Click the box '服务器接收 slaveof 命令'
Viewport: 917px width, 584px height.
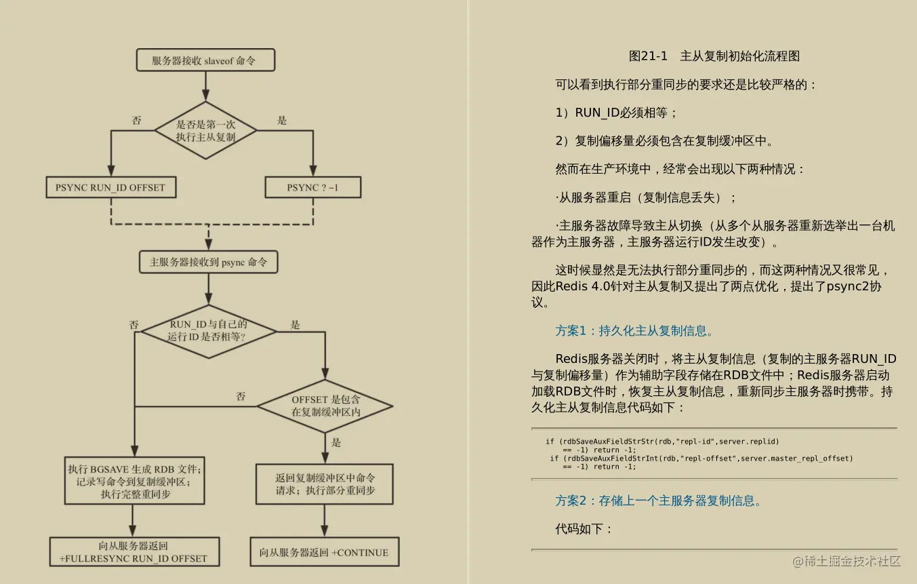click(205, 60)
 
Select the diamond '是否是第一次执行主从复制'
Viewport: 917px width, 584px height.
click(205, 130)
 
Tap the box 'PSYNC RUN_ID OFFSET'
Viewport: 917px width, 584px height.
click(110, 187)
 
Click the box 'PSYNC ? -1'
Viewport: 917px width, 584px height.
click(312, 187)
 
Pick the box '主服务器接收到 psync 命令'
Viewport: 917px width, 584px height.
click(208, 262)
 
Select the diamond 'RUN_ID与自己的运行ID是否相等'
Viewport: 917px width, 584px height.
click(208, 330)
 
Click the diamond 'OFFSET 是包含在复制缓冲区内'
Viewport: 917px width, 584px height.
click(325, 406)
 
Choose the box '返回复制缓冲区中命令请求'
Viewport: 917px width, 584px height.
click(325, 484)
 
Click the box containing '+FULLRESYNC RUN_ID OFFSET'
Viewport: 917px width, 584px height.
click(134, 552)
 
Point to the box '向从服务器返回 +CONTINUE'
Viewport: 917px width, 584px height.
click(324, 552)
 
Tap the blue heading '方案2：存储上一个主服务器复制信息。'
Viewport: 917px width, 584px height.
click(658, 501)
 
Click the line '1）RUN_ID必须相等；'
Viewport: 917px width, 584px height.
click(616, 113)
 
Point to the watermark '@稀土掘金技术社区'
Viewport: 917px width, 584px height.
click(847, 561)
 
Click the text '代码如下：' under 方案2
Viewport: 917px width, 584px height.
click(584, 529)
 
